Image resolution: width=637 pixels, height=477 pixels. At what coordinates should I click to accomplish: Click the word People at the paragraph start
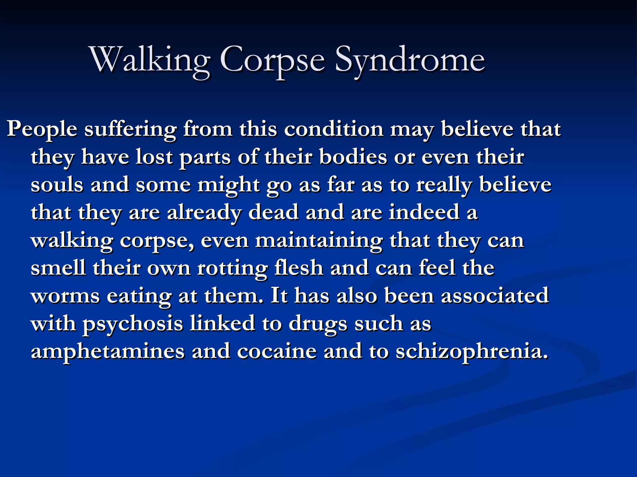click(x=42, y=129)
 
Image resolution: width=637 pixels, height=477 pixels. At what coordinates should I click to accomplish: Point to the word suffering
click(x=130, y=129)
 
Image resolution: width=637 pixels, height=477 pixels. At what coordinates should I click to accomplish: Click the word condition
click(x=334, y=129)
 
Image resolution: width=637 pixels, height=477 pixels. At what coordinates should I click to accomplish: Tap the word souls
click(x=57, y=184)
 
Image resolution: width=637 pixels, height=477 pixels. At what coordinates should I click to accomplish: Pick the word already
click(x=204, y=212)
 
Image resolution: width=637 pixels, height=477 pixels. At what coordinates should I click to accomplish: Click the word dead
click(x=273, y=212)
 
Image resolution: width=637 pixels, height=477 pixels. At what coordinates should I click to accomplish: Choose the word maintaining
click(x=319, y=240)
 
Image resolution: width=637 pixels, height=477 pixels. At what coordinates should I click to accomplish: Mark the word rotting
click(x=232, y=268)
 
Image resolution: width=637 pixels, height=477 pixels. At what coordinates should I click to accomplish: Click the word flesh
click(x=299, y=268)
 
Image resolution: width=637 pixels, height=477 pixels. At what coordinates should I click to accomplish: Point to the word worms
click(x=65, y=296)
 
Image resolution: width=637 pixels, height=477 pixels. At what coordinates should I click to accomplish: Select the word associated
click(x=495, y=296)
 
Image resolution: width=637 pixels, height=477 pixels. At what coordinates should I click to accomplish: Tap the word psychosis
click(x=133, y=324)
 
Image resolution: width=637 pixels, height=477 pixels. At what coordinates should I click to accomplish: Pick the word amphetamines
click(x=108, y=351)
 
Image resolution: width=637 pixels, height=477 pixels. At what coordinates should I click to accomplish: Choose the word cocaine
click(x=277, y=351)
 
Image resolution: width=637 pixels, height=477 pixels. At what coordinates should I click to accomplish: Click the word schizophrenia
click(x=472, y=351)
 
